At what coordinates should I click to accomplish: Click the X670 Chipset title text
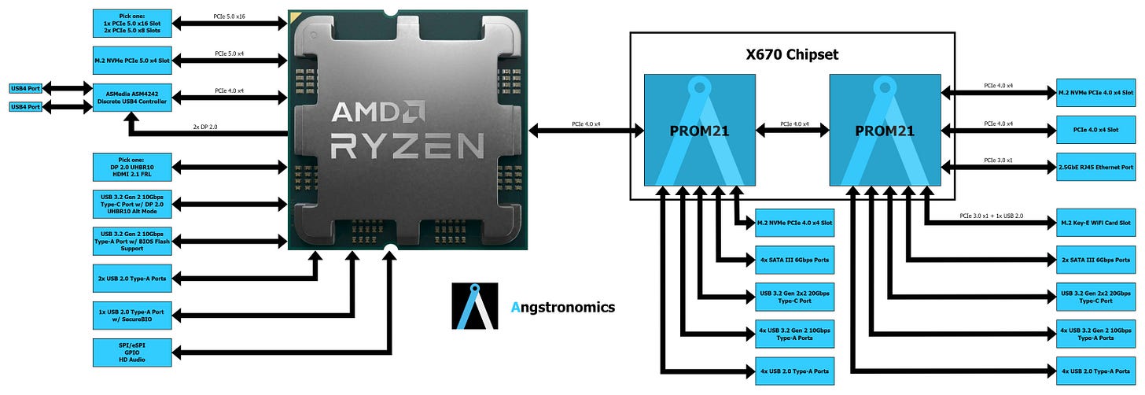coord(792,55)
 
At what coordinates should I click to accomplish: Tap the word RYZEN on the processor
coord(407,146)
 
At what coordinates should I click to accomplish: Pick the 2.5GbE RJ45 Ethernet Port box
coord(1095,167)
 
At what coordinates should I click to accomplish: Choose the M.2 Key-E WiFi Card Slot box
coord(1095,223)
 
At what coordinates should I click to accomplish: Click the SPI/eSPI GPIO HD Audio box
coord(131,353)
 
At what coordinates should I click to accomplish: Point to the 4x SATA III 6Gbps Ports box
coord(793,260)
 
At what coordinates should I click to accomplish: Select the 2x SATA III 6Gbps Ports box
coord(1095,260)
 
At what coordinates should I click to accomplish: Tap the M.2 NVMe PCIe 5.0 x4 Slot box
coord(131,60)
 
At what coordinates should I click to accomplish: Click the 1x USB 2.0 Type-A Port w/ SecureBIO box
coord(131,315)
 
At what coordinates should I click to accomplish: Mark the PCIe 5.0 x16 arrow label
coord(230,16)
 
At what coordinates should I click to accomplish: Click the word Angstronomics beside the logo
coord(562,308)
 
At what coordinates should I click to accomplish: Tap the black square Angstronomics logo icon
coord(475,306)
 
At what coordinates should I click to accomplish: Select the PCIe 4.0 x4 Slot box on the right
coord(1095,130)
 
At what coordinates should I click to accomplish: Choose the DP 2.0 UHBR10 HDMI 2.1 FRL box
coord(131,167)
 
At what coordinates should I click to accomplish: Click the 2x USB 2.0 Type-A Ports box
coord(131,278)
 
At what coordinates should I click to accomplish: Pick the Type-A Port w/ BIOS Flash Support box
coord(131,241)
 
